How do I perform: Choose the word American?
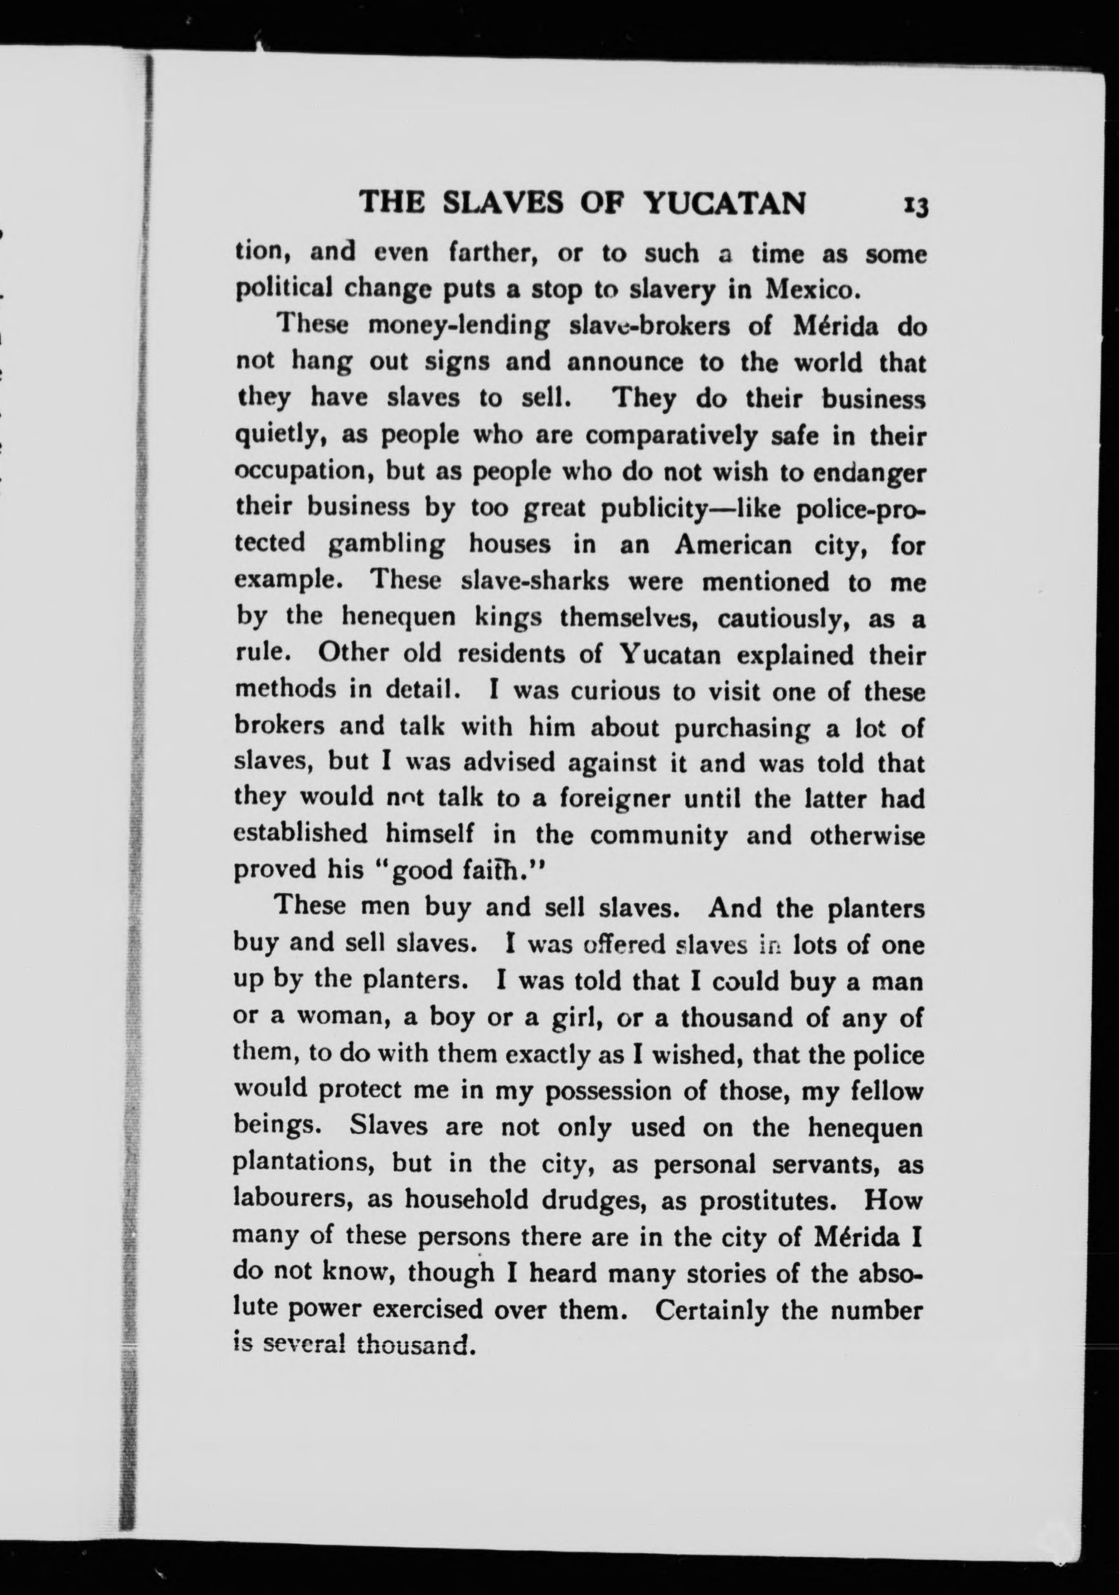(733, 545)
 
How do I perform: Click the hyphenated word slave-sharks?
(535, 581)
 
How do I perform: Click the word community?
(658, 836)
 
